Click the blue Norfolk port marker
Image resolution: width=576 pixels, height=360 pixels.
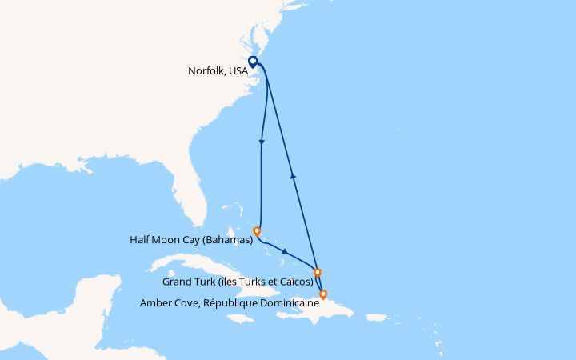click(x=252, y=61)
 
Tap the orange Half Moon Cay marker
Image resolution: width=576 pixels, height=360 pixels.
click(x=257, y=232)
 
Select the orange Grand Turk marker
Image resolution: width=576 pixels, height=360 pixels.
click(x=318, y=272)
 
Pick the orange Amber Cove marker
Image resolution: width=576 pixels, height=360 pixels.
click(x=322, y=295)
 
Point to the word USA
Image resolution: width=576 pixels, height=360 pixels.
click(x=238, y=70)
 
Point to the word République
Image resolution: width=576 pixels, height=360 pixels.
click(x=227, y=302)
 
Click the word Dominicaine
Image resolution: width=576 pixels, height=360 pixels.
click(x=286, y=302)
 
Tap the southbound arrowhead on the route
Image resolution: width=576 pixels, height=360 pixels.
click(x=262, y=143)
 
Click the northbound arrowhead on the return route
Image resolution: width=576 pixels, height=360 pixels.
click(x=293, y=175)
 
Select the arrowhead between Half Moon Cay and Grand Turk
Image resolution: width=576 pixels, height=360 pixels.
click(x=286, y=252)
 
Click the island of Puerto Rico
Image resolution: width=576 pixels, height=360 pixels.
click(x=374, y=318)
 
